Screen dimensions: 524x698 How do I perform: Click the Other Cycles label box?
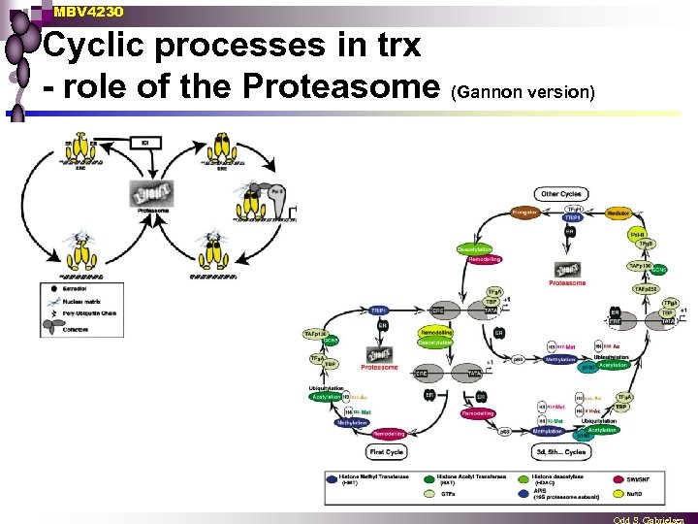coord(561,194)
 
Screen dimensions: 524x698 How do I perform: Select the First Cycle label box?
coord(387,452)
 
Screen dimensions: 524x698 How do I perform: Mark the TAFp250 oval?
coord(646,288)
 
